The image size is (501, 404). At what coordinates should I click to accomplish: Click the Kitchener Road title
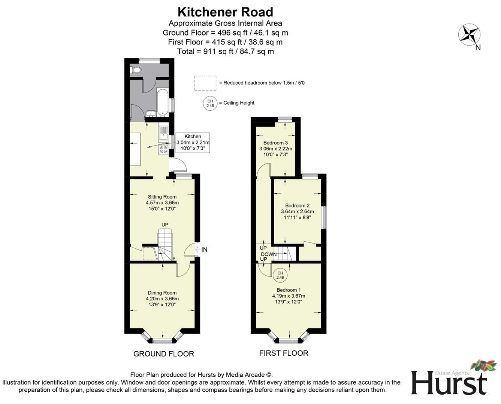225,12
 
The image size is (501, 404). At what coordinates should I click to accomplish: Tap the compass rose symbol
469,34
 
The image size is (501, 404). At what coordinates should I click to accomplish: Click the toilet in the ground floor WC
135,70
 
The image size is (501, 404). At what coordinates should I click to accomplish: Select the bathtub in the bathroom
163,102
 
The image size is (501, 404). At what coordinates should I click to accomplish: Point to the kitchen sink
163,133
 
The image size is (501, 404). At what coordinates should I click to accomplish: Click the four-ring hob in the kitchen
163,150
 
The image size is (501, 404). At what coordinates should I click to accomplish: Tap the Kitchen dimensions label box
193,143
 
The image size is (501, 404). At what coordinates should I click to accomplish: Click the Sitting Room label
162,202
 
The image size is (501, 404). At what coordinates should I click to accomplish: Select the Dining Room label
162,299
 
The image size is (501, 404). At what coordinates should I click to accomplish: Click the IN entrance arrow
201,250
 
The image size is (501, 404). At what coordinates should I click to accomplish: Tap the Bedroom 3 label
275,149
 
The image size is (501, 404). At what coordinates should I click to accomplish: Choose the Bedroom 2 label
297,211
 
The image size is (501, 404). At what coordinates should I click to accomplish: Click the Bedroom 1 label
289,296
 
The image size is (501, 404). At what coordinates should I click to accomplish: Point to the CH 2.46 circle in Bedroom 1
280,275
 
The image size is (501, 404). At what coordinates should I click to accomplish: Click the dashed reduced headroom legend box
205,83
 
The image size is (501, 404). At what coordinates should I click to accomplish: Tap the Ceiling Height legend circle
210,103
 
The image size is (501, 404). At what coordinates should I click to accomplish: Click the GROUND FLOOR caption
164,354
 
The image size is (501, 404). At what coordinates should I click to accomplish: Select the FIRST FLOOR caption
284,353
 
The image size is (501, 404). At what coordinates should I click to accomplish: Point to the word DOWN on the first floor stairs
269,254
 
